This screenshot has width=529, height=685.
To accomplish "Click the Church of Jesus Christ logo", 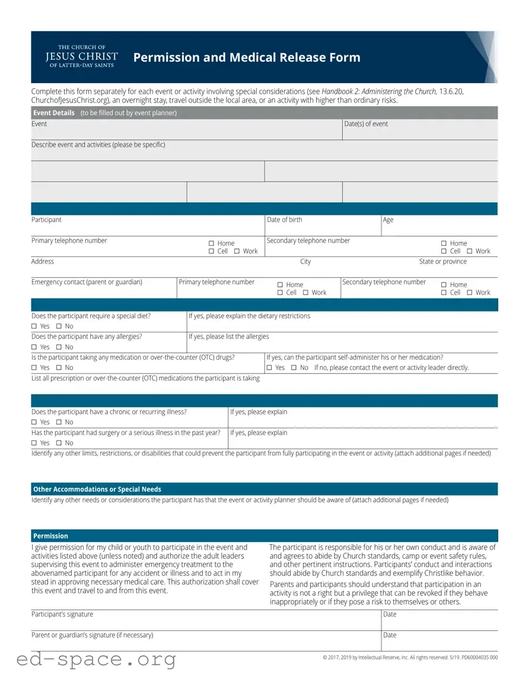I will click(x=81, y=57).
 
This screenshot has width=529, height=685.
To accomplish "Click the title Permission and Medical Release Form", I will click(x=247, y=58).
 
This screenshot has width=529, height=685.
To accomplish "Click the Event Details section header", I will click(x=54, y=113).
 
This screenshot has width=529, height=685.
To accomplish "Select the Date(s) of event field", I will click(x=419, y=132).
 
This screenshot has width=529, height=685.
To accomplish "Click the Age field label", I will click(x=388, y=220).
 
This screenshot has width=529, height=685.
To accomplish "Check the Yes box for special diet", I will click(x=34, y=326).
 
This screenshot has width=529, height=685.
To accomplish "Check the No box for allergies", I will click(x=59, y=347).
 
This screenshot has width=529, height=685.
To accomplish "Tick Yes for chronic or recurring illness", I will click(x=34, y=423).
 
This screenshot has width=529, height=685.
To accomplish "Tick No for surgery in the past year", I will click(x=59, y=443).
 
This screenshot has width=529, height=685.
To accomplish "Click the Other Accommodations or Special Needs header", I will click(x=97, y=489).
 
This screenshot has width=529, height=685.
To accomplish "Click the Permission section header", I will click(x=50, y=536).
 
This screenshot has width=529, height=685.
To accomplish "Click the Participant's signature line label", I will click(x=62, y=614).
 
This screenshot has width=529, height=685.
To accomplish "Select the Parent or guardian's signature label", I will click(x=92, y=635).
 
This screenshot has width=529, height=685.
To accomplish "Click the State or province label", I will click(x=442, y=262).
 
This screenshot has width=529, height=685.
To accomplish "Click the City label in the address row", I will click(x=305, y=262).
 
